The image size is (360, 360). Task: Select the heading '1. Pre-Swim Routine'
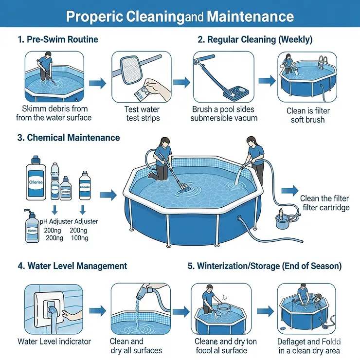57,39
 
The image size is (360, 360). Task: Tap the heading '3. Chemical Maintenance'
69,138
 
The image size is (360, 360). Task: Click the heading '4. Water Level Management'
72,266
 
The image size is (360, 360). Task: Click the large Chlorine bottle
37,182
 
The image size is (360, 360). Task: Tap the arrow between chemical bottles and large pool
108,195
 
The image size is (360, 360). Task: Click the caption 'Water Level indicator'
54,342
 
